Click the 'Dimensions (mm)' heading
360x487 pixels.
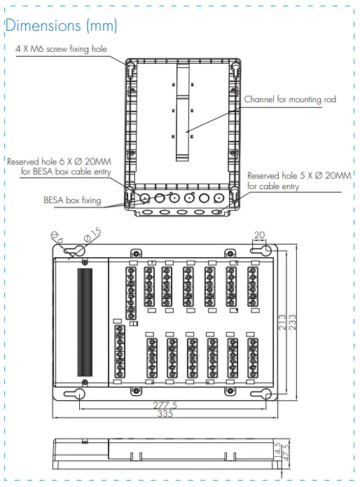(x=62, y=26)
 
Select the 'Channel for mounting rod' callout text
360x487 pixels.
(x=289, y=100)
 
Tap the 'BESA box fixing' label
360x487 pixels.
(x=72, y=200)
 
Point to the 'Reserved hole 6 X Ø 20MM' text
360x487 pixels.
(x=53, y=161)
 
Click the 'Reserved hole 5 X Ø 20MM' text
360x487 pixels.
(x=299, y=176)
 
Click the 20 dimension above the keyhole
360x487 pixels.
(x=260, y=235)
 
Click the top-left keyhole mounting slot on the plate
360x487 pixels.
(x=79, y=250)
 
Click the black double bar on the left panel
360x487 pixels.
(x=84, y=323)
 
